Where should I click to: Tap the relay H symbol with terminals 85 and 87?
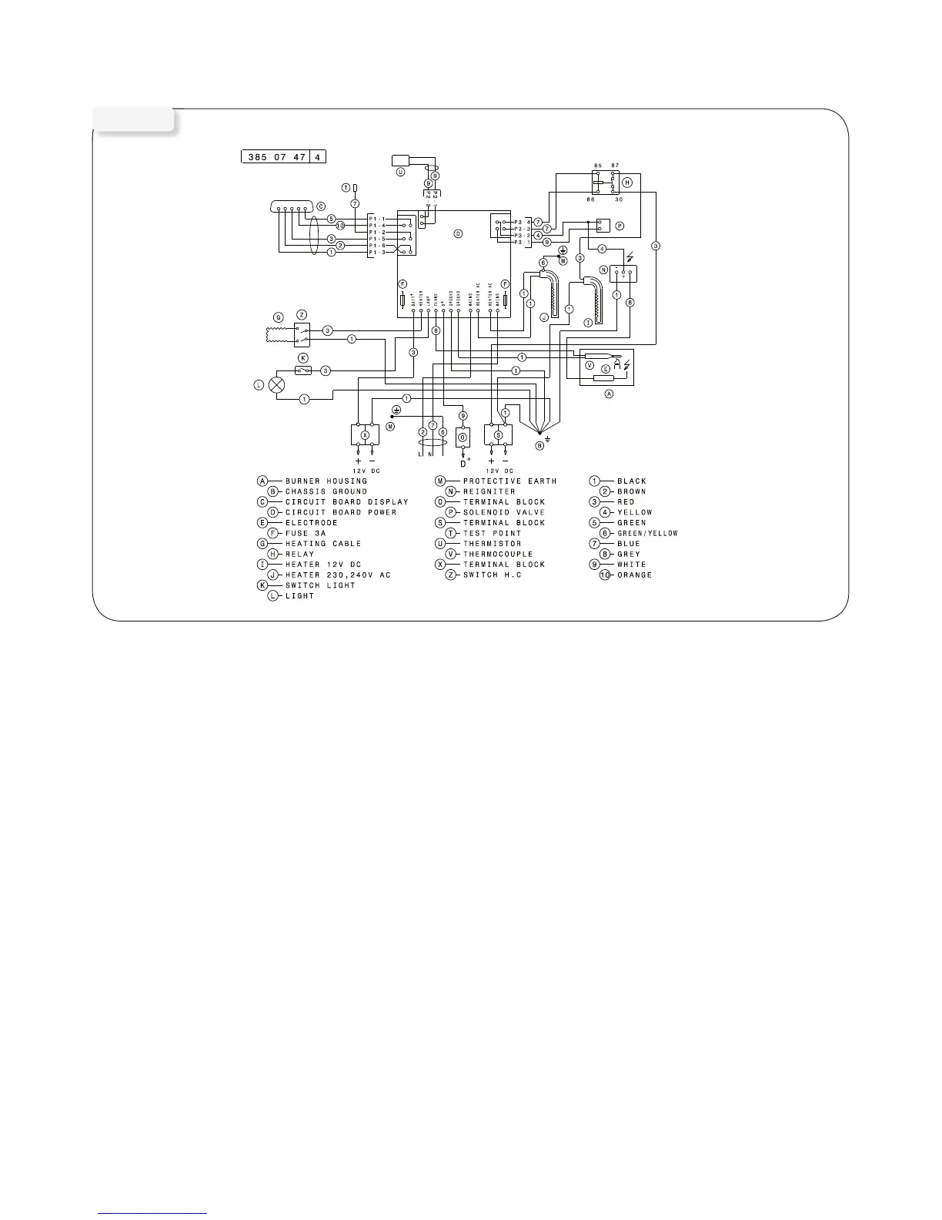pos(605,183)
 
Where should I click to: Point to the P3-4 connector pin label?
pos(523,222)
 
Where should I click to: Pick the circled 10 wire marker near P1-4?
pos(340,225)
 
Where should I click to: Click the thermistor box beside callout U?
pos(402,160)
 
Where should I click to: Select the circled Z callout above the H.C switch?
pos(302,314)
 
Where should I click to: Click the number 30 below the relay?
pos(618,199)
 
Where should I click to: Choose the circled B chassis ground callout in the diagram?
pos(539,445)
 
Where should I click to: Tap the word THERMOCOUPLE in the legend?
pos(497,554)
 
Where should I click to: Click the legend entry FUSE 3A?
pos(307,533)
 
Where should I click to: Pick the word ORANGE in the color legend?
pos(634,575)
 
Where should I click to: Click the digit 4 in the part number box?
pos(317,157)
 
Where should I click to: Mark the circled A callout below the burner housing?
pos(609,393)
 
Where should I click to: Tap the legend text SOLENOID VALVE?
pos(503,512)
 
